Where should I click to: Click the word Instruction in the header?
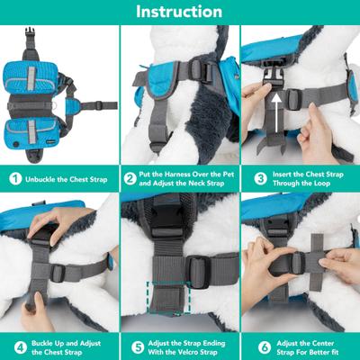click(179, 12)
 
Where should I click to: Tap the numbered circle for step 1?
click(13, 178)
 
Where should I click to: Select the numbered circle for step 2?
click(130, 178)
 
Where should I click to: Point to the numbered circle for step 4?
click(13, 345)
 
